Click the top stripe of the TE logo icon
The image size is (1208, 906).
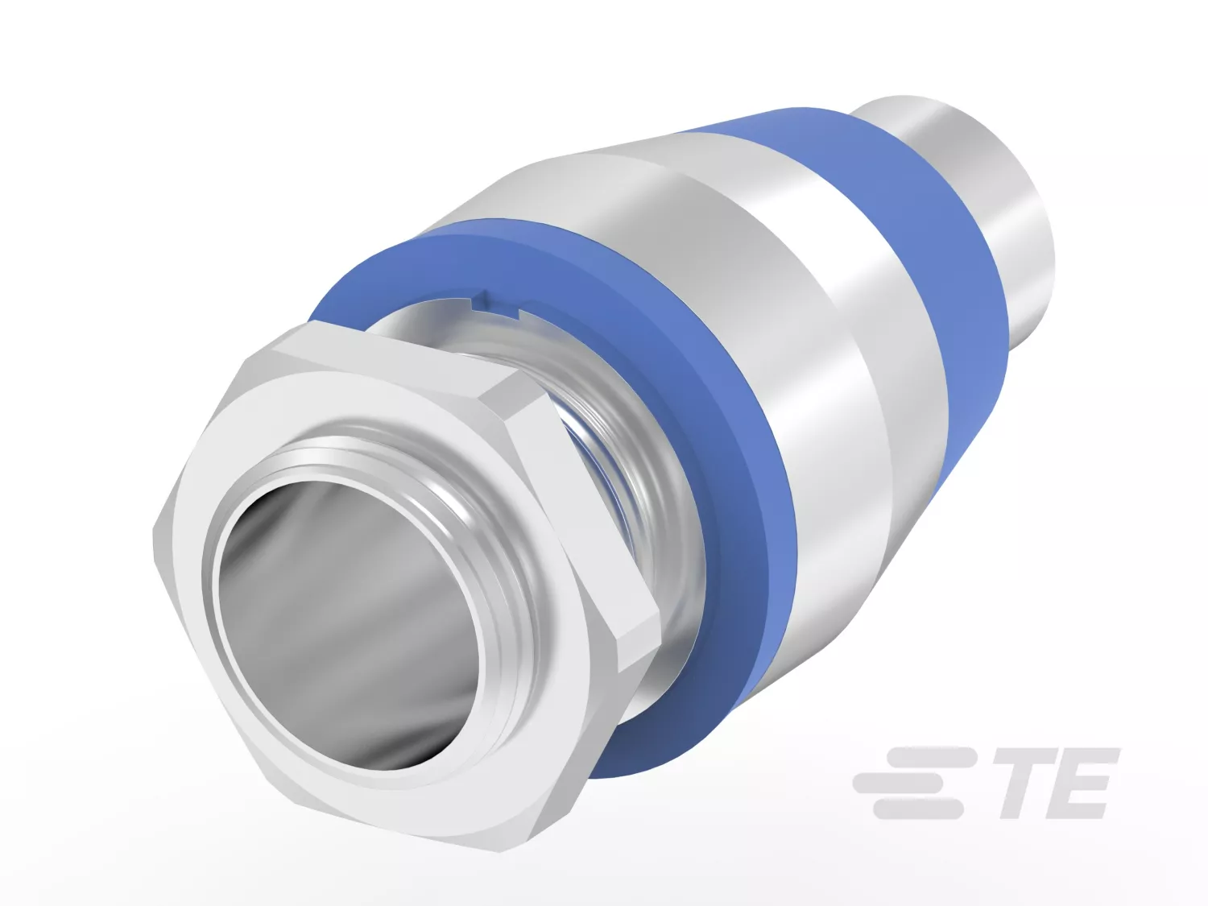tap(929, 757)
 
